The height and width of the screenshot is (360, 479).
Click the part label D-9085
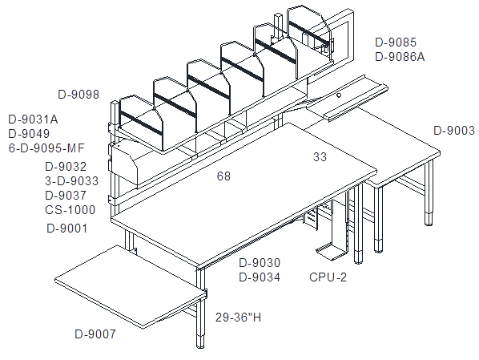396,42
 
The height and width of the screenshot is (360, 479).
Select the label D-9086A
400,57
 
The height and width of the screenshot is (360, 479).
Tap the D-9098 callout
78,94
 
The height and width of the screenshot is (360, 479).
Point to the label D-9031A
34,119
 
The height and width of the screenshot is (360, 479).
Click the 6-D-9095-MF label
46,148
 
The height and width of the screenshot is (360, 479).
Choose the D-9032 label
66,167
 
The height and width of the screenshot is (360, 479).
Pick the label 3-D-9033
72,180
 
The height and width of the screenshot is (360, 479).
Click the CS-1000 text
70,210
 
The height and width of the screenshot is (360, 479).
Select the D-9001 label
67,229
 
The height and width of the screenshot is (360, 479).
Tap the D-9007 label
95,334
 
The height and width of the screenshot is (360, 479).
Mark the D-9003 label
454,131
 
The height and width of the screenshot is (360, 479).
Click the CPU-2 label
328,277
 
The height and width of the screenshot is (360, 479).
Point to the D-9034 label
260,277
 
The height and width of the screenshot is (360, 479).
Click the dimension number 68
223,176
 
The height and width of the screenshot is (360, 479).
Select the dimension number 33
320,156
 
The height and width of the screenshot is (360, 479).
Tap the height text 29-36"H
238,318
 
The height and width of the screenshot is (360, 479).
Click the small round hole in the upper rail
339,95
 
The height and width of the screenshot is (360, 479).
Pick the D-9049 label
29,134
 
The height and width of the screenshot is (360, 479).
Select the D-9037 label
66,195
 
